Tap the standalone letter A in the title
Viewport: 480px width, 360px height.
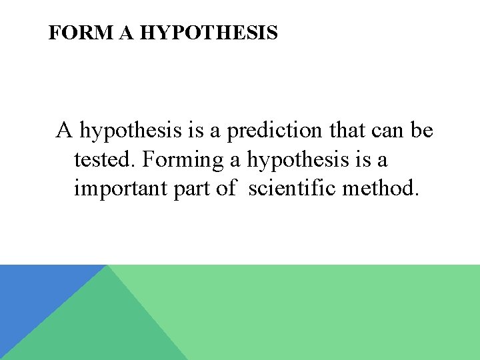pyautogui.click(x=127, y=33)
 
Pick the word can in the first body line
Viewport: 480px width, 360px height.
pyautogui.click(x=387, y=131)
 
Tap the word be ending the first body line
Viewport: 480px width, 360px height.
pyautogui.click(x=422, y=131)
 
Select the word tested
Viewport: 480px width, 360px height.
pyautogui.click(x=105, y=160)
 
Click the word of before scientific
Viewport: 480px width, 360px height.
pyautogui.click(x=225, y=189)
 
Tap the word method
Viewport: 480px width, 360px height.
pyautogui.click(x=381, y=189)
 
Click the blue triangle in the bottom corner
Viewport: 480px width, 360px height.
pyautogui.click(x=33, y=293)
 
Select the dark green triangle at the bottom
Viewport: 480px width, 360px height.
pyautogui.click(x=100, y=327)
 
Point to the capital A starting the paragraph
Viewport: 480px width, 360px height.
pyautogui.click(x=64, y=130)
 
